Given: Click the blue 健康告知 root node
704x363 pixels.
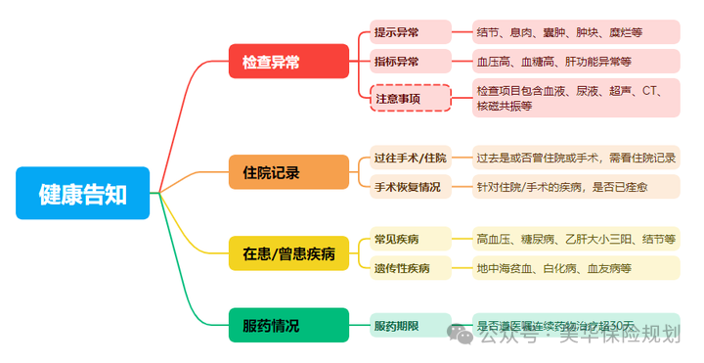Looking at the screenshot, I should (x=83, y=193).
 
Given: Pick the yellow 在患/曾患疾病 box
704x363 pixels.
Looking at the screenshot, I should (x=288, y=253).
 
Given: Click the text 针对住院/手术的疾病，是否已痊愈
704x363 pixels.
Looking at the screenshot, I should (x=576, y=186).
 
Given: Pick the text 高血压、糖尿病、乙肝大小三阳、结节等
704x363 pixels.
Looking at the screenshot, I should (x=576, y=240).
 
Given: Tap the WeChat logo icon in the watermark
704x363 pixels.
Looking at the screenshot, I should (x=461, y=336).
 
